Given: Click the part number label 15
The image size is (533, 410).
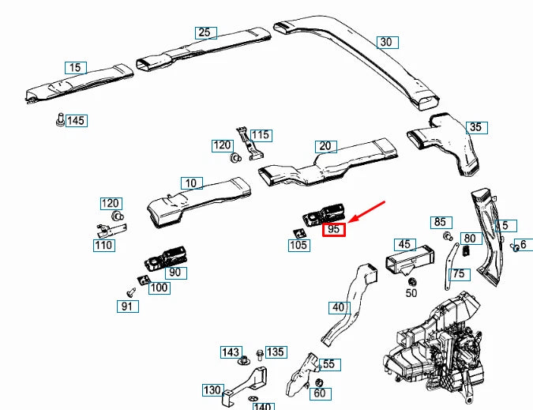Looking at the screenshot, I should pyautogui.click(x=75, y=68).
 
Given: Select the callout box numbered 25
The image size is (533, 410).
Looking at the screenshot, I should pyautogui.click(x=205, y=32).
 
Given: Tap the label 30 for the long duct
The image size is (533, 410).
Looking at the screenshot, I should pyautogui.click(x=385, y=42).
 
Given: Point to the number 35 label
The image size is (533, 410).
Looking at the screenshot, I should pyautogui.click(x=475, y=127).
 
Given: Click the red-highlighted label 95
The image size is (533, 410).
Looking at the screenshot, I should pyautogui.click(x=334, y=229).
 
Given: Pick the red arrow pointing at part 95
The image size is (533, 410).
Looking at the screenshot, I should pyautogui.click(x=368, y=212).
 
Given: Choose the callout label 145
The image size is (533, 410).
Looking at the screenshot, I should pyautogui.click(x=76, y=121).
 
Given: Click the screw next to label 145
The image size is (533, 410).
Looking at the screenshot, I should pyautogui.click(x=59, y=119).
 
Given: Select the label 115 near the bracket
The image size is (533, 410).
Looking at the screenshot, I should pyautogui.click(x=261, y=135).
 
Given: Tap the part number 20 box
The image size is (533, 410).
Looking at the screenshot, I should pyautogui.click(x=325, y=146).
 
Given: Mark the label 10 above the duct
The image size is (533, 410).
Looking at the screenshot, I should pyautogui.click(x=190, y=183).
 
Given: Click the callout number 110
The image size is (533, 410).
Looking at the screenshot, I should pyautogui.click(x=103, y=246).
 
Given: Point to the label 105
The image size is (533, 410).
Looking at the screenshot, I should pyautogui.click(x=298, y=246).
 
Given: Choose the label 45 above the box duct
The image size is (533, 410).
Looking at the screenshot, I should pyautogui.click(x=404, y=245).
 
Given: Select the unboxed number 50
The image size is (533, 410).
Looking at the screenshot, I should pyautogui.click(x=411, y=293).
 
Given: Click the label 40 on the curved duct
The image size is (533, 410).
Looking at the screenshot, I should pyautogui.click(x=338, y=307).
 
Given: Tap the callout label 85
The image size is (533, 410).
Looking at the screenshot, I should pyautogui.click(x=440, y=222).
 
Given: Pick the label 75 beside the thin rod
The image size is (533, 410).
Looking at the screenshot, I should pyautogui.click(x=459, y=274).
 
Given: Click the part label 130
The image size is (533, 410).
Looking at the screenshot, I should pyautogui.click(x=212, y=390).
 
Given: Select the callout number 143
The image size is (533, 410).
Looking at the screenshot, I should pyautogui.click(x=231, y=352).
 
